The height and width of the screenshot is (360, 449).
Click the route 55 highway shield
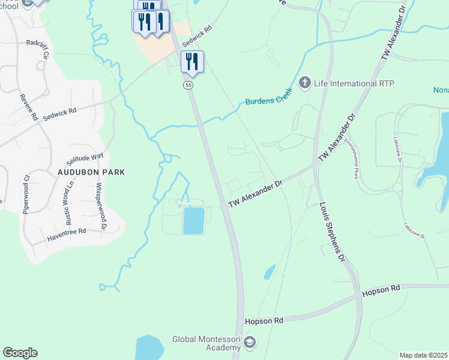[188, 86]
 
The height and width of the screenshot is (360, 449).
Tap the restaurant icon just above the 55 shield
[192, 61]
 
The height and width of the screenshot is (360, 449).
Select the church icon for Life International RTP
[305, 82]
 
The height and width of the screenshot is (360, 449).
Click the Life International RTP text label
[348, 83]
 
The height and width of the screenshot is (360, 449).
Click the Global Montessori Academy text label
[206, 343]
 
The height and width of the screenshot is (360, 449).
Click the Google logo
[20, 353]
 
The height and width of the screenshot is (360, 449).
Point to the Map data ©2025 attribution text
[423, 355]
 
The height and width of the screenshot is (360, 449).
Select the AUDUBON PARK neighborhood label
[91, 172]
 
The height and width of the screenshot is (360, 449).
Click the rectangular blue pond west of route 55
[193, 220]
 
